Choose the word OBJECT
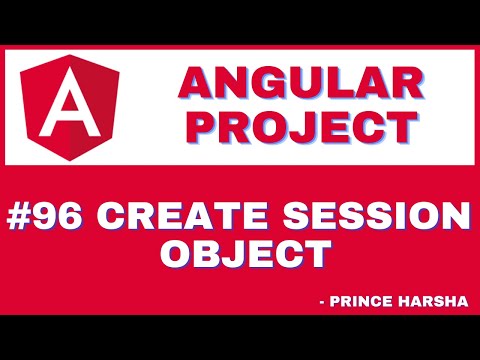coord(245,253)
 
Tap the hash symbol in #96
coord(24,216)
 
